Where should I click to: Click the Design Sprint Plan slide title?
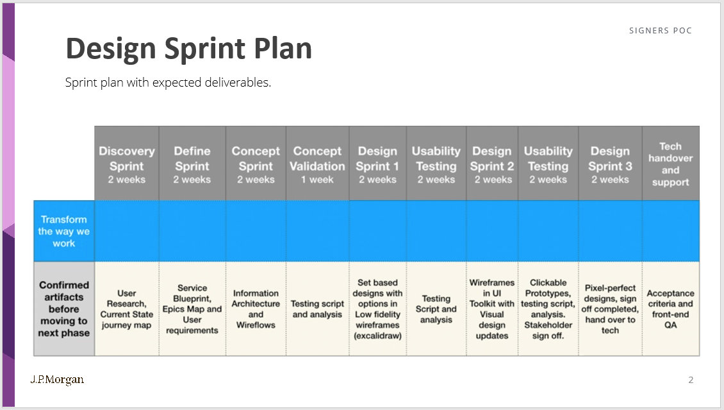click(188, 49)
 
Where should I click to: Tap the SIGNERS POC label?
click(660, 31)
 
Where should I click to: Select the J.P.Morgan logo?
click(57, 379)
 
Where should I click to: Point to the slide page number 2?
click(691, 380)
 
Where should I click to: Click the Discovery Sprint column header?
click(127, 164)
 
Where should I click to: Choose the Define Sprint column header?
click(192, 164)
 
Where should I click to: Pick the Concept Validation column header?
click(317, 164)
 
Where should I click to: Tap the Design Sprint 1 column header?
click(377, 164)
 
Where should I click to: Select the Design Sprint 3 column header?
click(610, 164)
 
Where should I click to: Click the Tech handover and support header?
click(670, 164)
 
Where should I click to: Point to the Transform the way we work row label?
click(64, 232)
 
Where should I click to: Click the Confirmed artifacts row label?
click(64, 309)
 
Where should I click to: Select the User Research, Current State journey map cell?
click(127, 309)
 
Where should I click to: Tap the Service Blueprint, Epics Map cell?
click(192, 309)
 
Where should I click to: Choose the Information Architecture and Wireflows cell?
click(256, 309)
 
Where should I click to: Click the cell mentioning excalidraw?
click(377, 309)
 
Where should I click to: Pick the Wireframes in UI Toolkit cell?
click(492, 309)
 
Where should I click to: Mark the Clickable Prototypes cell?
click(548, 309)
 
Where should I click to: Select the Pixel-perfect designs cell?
click(610, 309)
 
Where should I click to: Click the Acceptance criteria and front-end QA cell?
click(670, 309)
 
